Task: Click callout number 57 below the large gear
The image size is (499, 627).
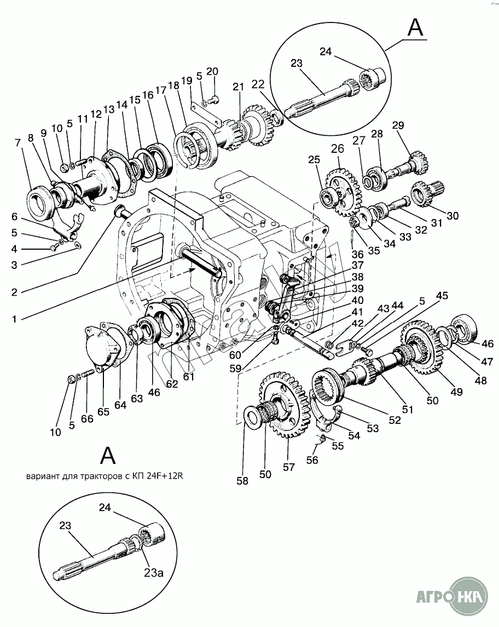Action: tap(289, 467)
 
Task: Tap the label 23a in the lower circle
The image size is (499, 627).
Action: tap(154, 573)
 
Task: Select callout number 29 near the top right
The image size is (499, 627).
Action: tap(398, 125)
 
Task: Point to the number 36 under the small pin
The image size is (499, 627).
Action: tap(358, 254)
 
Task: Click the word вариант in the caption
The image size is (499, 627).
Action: tap(40, 476)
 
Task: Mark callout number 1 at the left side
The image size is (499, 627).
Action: tap(14, 319)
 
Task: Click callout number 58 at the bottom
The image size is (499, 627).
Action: tap(242, 481)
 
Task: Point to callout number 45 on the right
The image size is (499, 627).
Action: tap(442, 296)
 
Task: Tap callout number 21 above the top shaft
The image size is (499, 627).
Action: tap(238, 87)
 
